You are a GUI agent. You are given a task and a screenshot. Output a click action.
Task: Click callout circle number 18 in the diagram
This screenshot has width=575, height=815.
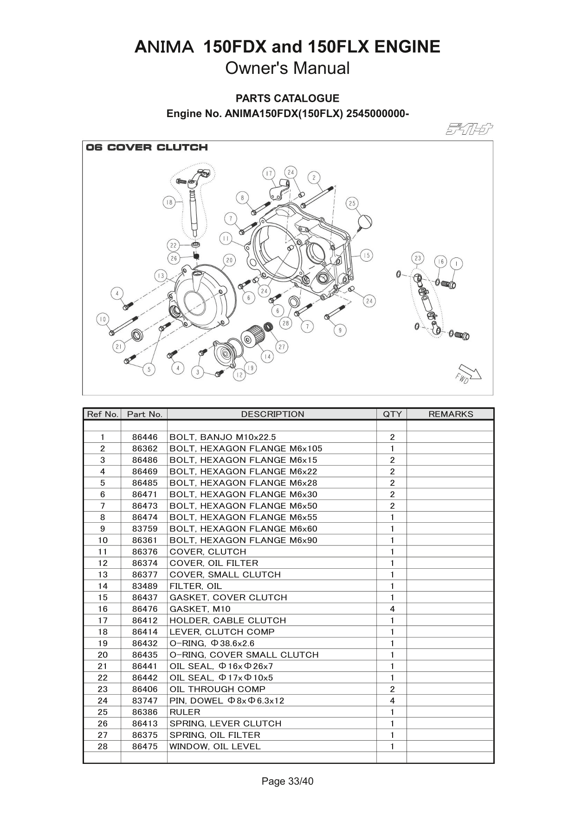click(169, 203)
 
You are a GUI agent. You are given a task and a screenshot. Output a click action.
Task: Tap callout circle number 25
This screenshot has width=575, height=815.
click(352, 203)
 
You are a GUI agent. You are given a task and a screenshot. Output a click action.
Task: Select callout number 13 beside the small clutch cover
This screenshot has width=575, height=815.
click(161, 276)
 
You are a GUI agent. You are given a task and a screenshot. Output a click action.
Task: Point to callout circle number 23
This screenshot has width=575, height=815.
click(418, 258)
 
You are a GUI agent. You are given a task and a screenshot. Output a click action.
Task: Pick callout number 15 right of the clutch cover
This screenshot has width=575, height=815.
click(367, 255)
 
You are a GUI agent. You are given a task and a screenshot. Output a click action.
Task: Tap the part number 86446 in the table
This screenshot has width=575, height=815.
click(145, 437)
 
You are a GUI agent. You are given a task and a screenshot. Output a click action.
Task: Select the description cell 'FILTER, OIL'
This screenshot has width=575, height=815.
click(195, 586)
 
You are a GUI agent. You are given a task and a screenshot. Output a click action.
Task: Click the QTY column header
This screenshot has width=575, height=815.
click(392, 414)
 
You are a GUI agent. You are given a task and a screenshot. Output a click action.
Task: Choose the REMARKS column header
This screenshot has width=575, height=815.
click(450, 414)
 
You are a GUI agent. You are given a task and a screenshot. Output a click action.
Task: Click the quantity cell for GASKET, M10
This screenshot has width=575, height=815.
click(392, 609)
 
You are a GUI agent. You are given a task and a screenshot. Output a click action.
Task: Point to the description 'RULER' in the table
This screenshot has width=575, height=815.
click(185, 712)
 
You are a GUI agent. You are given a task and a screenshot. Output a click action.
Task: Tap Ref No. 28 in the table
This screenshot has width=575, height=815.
click(103, 747)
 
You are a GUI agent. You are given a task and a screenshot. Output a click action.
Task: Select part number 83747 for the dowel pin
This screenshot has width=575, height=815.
click(145, 701)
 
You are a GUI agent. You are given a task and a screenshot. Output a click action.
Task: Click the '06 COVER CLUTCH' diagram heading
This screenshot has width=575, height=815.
click(147, 148)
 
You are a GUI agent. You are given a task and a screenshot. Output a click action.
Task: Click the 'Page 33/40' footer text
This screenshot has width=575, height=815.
click(287, 782)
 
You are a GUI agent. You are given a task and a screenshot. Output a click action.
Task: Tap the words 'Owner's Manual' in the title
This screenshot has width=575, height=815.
click(287, 68)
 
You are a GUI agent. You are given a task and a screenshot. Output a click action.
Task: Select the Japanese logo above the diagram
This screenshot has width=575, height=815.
click(469, 129)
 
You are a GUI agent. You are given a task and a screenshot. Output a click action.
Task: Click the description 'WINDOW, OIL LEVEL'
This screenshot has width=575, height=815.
click(215, 747)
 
